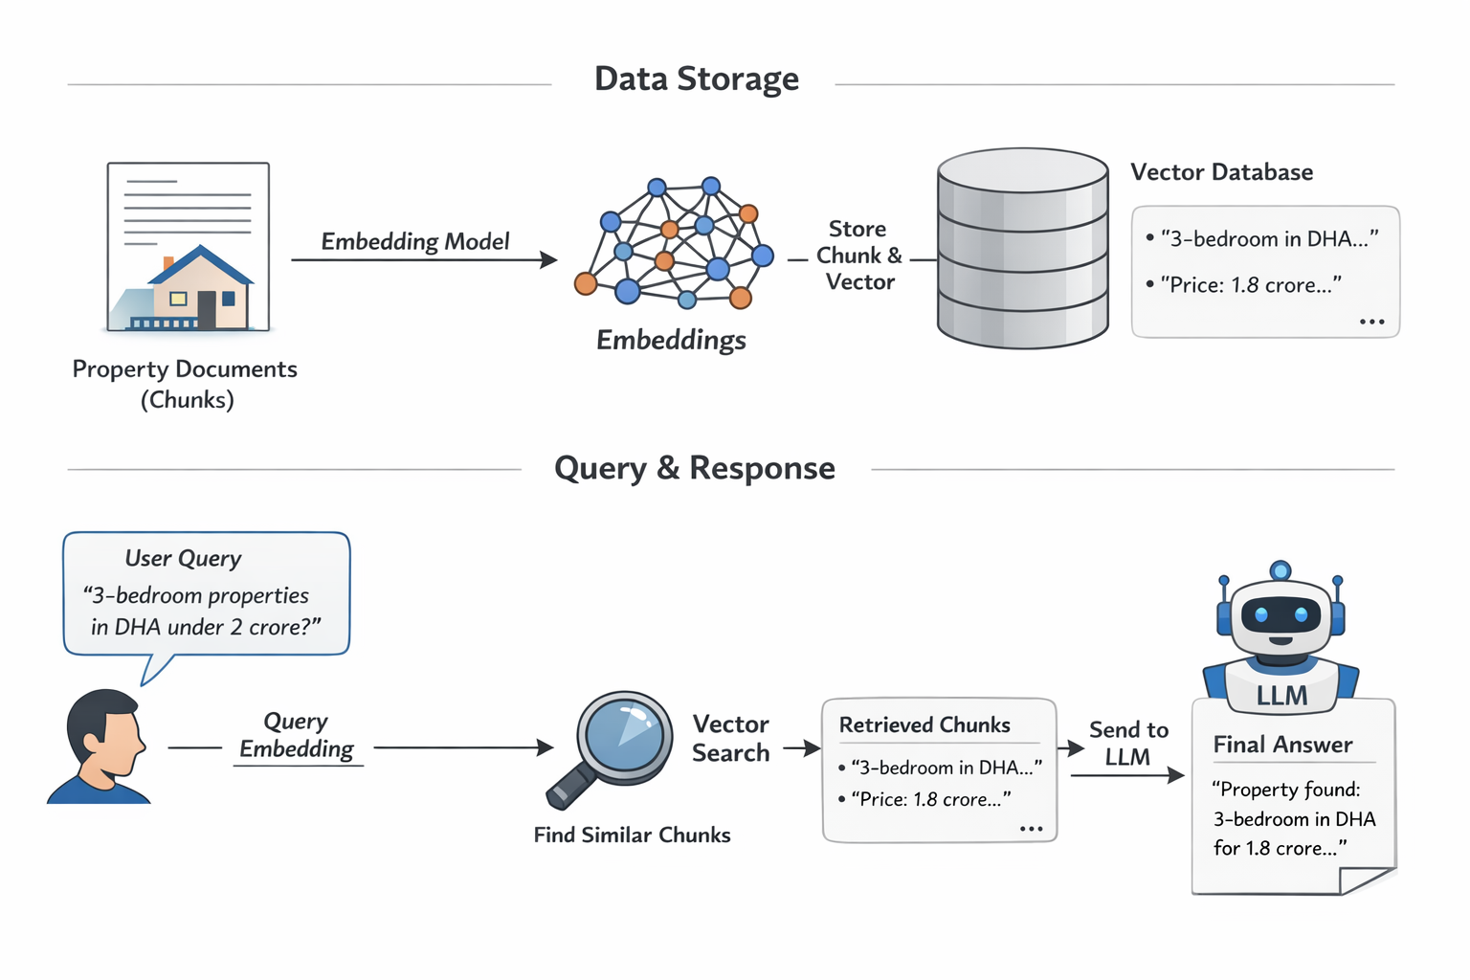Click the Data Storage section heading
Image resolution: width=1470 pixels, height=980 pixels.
click(696, 78)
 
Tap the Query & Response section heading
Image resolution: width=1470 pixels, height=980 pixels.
click(694, 468)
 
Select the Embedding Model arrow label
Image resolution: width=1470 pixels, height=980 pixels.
click(414, 241)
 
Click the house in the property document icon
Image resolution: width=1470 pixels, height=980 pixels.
click(200, 289)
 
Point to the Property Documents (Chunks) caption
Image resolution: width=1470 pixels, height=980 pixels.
click(186, 384)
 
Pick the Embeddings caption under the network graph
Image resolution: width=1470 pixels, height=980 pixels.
click(671, 340)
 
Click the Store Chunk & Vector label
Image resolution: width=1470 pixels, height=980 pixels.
click(858, 256)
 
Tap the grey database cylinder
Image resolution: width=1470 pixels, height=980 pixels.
click(1022, 249)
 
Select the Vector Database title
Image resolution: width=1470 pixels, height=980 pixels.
click(1221, 172)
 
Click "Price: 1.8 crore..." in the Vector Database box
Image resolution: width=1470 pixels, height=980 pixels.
click(1250, 284)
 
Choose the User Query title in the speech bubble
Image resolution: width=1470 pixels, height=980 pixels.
click(183, 558)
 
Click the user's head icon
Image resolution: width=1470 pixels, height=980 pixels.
click(103, 732)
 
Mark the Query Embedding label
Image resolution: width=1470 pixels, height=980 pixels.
click(296, 735)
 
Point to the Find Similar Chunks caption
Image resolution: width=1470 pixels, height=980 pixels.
click(632, 835)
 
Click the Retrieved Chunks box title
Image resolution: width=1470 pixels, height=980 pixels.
click(924, 725)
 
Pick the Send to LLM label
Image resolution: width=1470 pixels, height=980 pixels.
click(1128, 744)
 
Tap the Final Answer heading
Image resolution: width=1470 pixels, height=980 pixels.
click(1282, 745)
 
